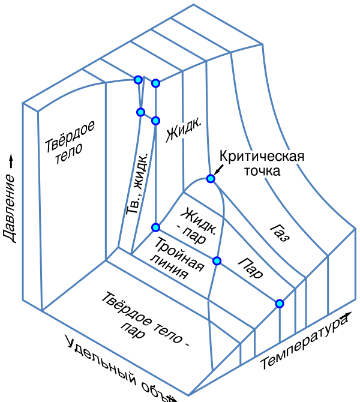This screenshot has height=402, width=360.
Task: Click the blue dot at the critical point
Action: coord(211,179)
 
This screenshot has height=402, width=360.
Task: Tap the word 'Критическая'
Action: coord(262,157)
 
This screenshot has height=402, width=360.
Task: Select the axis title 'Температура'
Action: coord(304,342)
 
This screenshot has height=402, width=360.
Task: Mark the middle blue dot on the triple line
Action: coord(217,260)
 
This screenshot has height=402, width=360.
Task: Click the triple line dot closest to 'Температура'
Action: coord(280,304)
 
